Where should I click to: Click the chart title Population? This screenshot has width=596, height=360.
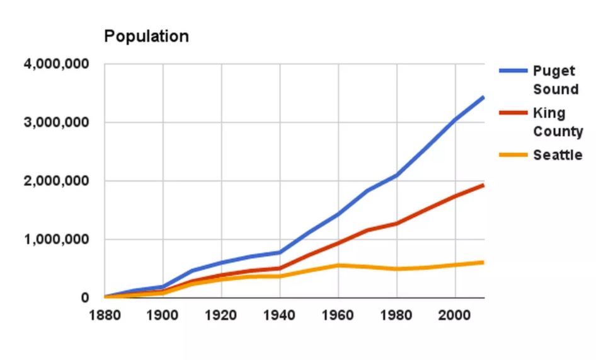pos(146,37)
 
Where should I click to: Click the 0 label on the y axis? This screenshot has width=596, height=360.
pos(84,298)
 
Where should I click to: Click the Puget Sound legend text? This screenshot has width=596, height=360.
pos(555,80)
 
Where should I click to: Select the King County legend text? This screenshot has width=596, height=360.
pos(558,122)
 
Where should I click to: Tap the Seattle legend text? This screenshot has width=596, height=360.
pos(558,155)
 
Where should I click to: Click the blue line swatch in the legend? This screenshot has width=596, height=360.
pos(513,71)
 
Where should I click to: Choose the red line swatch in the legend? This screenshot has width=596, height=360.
pos(513,113)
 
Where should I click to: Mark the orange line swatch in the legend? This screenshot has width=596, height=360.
pos(513,155)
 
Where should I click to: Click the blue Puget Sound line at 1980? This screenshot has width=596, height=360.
pos(397,175)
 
